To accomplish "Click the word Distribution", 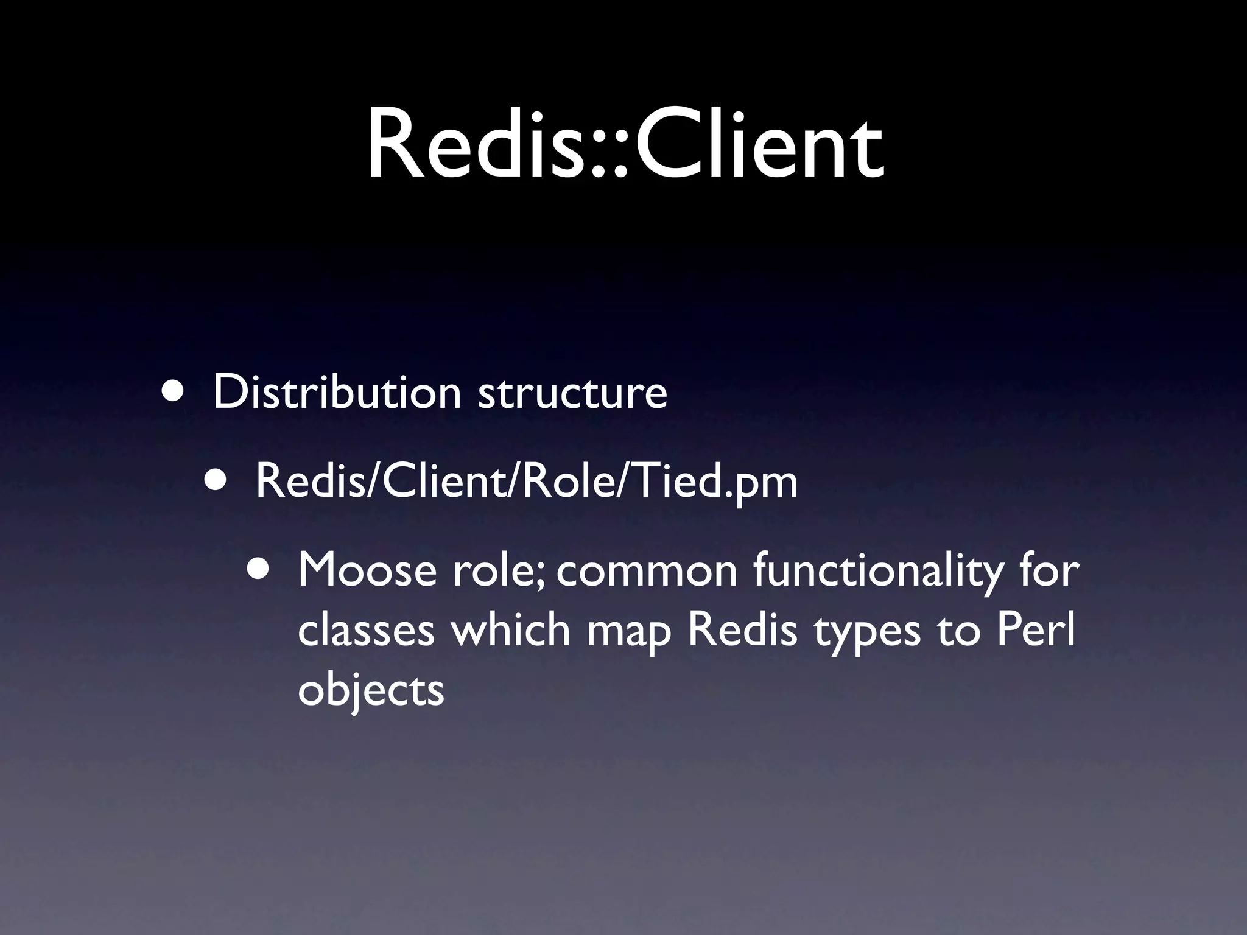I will (337, 392).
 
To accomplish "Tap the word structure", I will (572, 393).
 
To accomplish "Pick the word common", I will (647, 572).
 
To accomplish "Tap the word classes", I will (366, 631).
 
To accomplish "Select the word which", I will (510, 630).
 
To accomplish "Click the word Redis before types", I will (742, 630).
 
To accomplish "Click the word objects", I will (371, 691).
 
